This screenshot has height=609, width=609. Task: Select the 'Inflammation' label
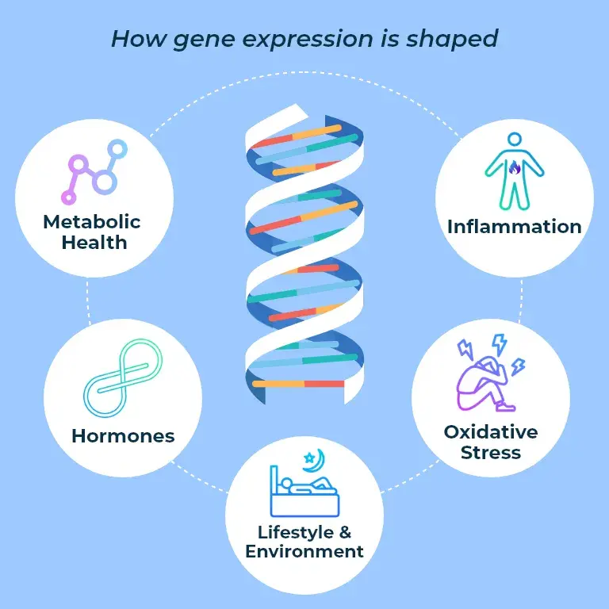click(x=514, y=227)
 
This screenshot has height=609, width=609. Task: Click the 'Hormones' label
click(x=123, y=435)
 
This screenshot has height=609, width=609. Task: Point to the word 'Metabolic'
click(x=92, y=221)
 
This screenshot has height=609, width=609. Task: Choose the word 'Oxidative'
click(x=491, y=432)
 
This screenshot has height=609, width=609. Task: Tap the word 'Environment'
click(x=304, y=551)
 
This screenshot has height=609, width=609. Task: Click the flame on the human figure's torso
click(x=514, y=168)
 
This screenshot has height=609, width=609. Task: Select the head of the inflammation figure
click(x=514, y=140)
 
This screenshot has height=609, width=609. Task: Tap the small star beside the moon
click(x=308, y=458)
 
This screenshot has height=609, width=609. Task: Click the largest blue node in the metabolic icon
click(x=105, y=182)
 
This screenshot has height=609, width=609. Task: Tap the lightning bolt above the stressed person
click(x=498, y=344)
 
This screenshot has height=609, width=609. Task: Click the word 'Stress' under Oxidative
click(x=491, y=453)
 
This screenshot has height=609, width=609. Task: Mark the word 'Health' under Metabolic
click(x=92, y=241)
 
